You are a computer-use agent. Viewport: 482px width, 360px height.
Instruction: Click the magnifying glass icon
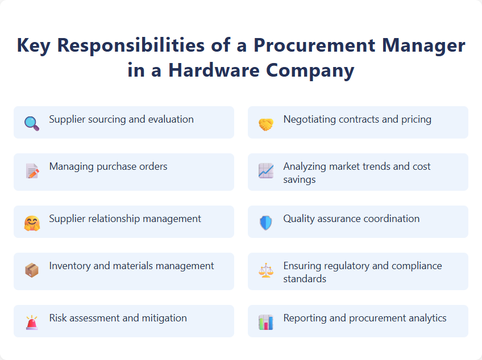point(32,123)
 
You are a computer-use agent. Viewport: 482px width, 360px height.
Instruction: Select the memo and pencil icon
point(32,171)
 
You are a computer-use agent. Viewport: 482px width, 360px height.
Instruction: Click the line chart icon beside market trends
point(266,171)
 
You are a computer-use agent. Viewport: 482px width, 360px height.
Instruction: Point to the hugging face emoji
point(32,223)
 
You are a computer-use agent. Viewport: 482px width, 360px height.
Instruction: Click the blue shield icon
point(266,223)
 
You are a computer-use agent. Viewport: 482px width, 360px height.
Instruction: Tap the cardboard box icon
point(32,270)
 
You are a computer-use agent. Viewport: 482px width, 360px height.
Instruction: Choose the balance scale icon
point(266,270)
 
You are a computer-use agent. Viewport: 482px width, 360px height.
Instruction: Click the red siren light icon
point(32,322)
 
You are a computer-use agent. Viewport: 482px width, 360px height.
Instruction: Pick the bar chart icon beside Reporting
point(266,322)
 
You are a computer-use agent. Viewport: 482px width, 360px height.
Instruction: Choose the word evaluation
point(171,120)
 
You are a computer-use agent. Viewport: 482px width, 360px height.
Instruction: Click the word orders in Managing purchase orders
point(152,166)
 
